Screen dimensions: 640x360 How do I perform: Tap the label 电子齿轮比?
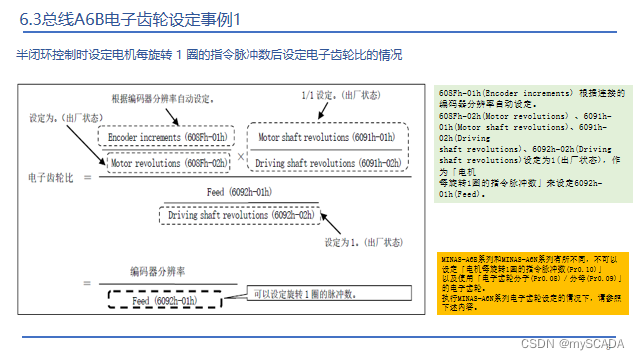[x=52, y=177]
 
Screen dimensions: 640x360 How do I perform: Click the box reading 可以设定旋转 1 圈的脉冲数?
[x=306, y=294]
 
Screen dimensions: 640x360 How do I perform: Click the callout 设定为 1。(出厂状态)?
[x=351, y=243]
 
